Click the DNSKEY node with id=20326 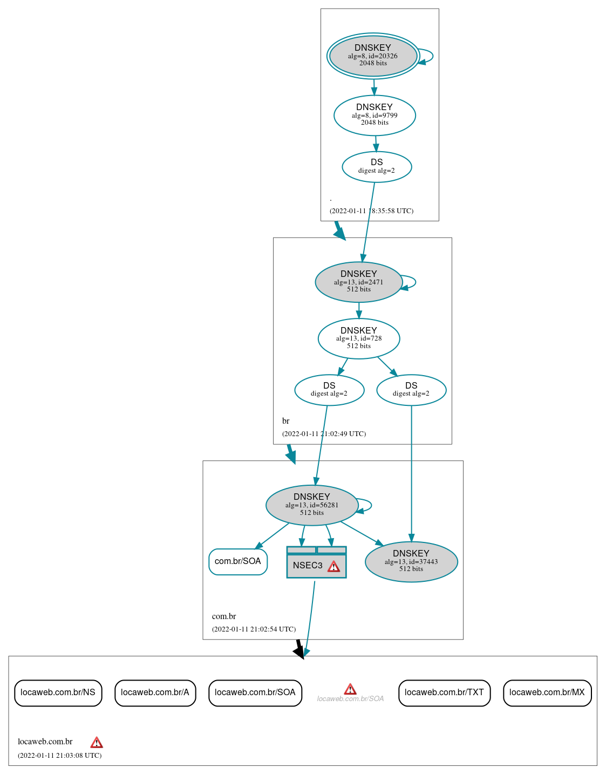(373, 56)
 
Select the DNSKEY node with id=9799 (375, 115)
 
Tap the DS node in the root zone (377, 167)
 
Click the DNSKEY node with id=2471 (358, 282)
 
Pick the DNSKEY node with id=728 (359, 338)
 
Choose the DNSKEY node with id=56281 (312, 505)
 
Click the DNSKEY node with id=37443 (411, 561)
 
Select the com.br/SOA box (238, 561)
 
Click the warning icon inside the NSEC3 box (334, 566)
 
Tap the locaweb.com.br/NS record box (58, 692)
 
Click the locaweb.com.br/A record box (155, 692)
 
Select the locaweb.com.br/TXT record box (444, 692)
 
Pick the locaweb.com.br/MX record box (547, 692)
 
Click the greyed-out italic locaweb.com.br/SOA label (350, 698)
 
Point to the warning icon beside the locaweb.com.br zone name (97, 742)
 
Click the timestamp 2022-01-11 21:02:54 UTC (254, 629)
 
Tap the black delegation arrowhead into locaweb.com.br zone (299, 652)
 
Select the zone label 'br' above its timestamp (285, 421)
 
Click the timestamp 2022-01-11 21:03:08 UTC (59, 755)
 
